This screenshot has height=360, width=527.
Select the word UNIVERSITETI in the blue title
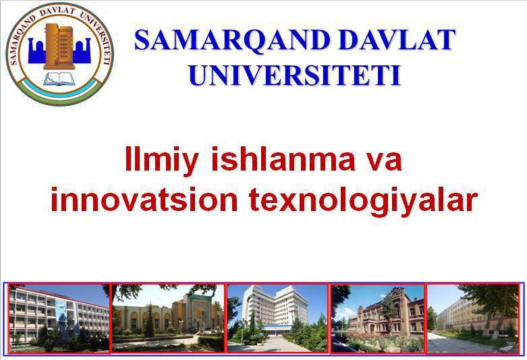click(x=295, y=76)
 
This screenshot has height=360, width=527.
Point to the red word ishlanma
click(x=283, y=158)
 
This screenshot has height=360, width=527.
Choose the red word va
click(x=384, y=162)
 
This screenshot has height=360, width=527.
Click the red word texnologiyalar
click(x=363, y=200)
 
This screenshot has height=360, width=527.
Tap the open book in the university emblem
click(x=59, y=78)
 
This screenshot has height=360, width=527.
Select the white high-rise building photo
click(x=277, y=318)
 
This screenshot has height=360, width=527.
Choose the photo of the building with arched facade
click(x=168, y=318)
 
